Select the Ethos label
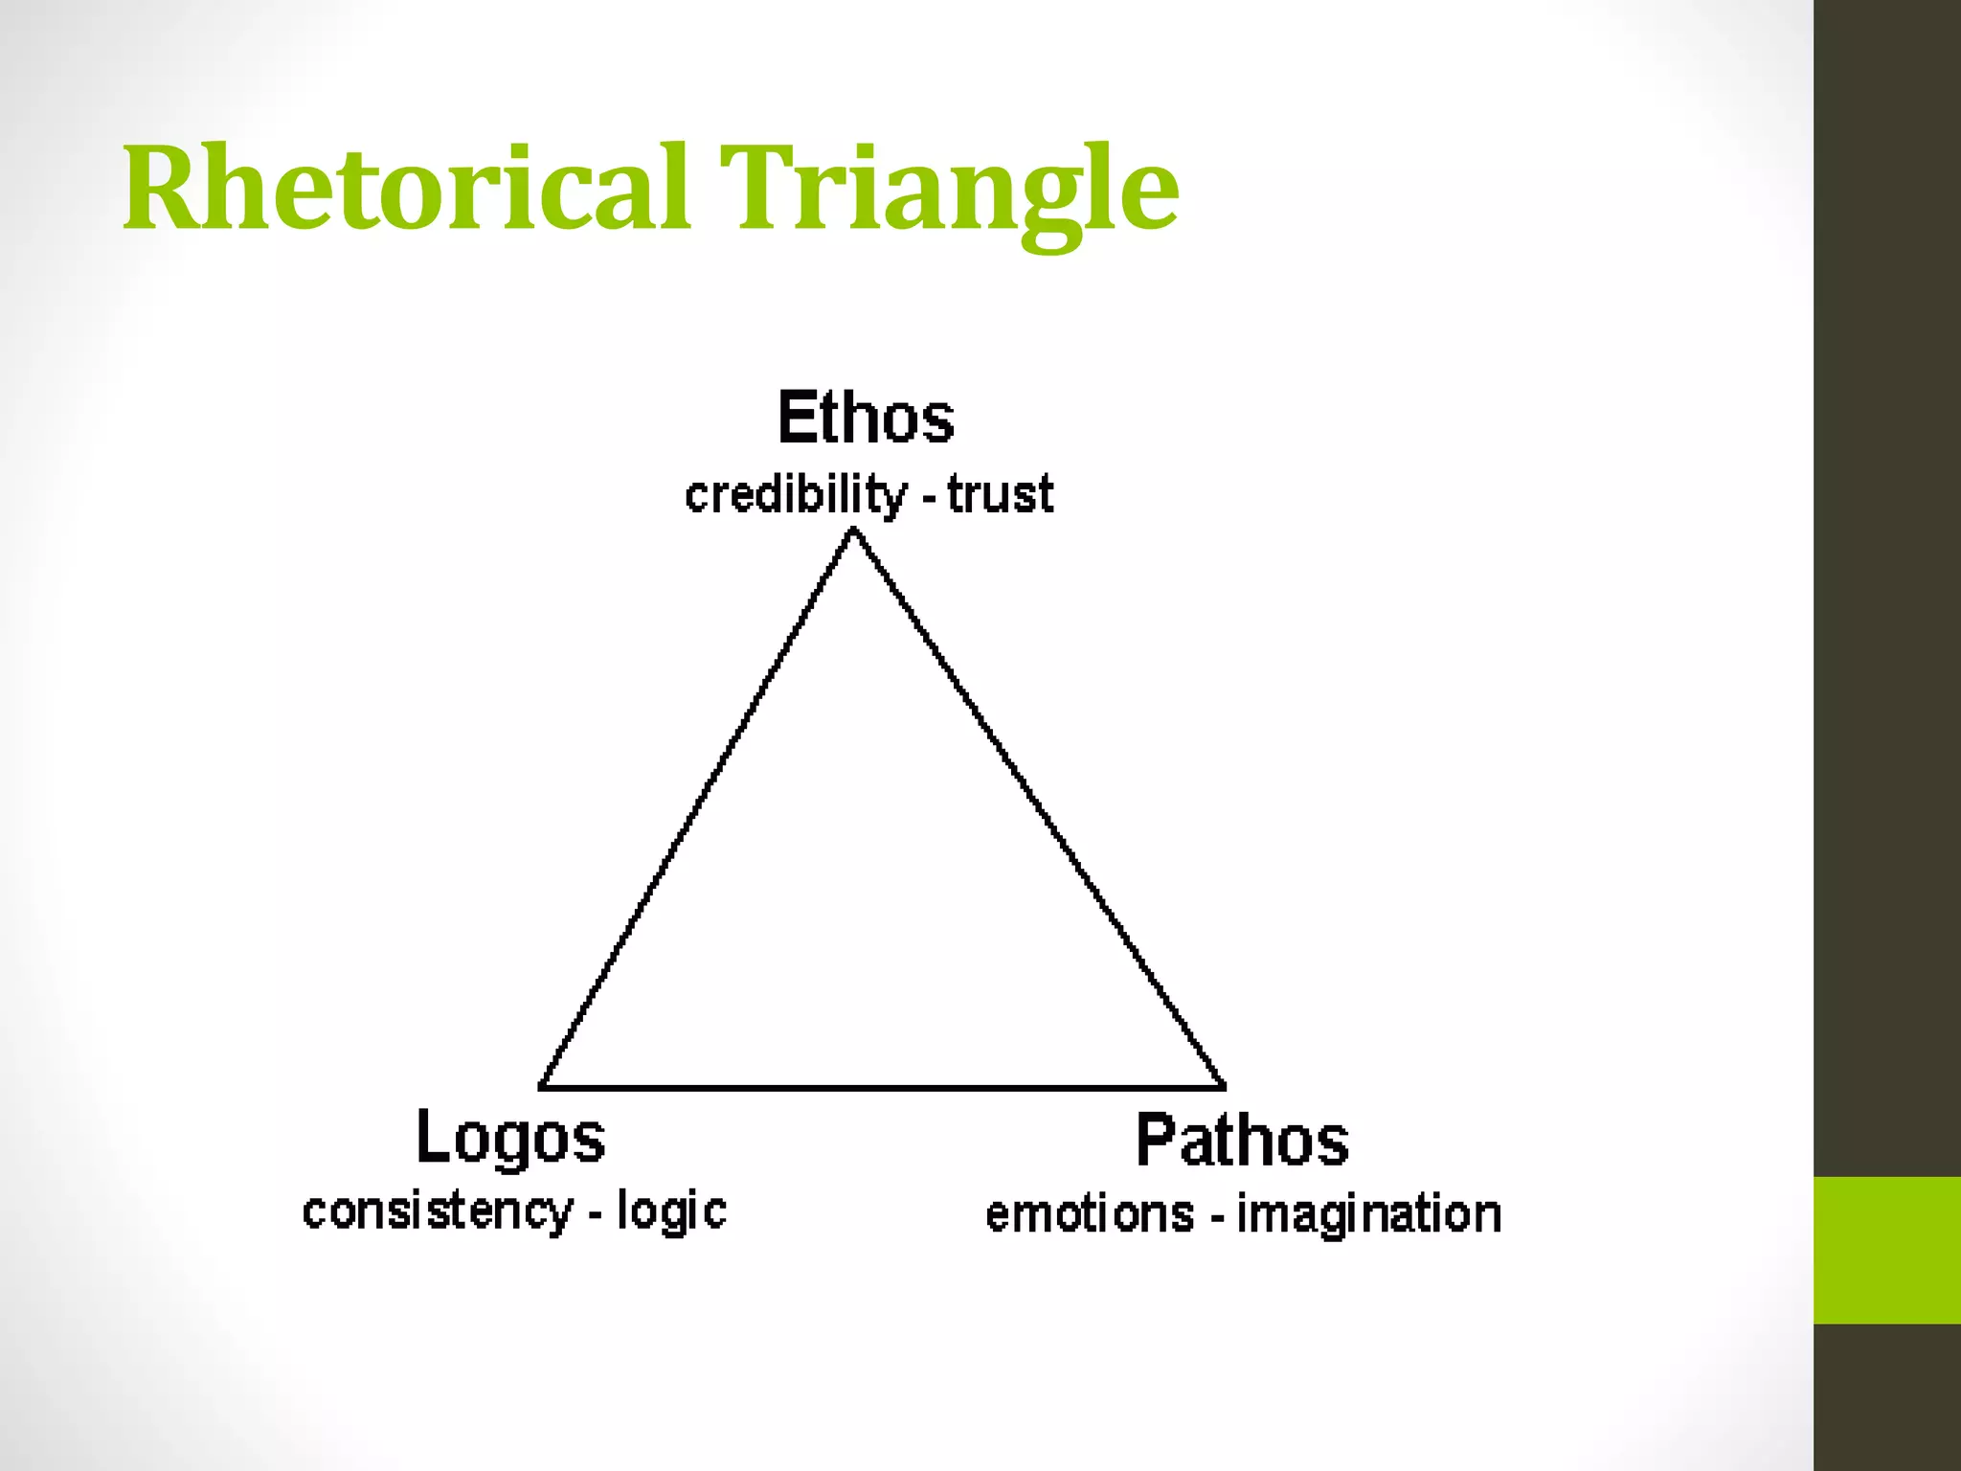coord(866,418)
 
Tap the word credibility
coord(795,495)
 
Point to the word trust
coord(1001,495)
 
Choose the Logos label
coord(510,1138)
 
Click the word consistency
coord(437,1211)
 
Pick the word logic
coord(671,1211)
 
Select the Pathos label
coord(1242,1141)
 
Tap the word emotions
coord(1090,1214)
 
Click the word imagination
coord(1369,1214)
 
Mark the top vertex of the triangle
coord(853,532)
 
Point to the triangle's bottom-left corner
coord(542,1087)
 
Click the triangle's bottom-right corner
coord(1224,1087)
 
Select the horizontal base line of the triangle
coord(881,1088)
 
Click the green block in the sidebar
coord(1887,1250)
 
